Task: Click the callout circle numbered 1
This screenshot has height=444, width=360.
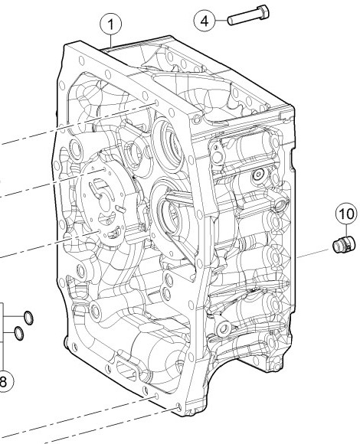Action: (x=111, y=24)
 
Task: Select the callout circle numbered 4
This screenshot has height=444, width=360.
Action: (x=205, y=21)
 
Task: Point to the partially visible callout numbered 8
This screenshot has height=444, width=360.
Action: (x=3, y=381)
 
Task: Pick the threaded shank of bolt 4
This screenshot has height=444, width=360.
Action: (x=244, y=18)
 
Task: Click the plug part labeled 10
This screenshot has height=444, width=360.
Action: (x=343, y=244)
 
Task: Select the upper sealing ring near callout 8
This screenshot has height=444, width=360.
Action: (x=28, y=318)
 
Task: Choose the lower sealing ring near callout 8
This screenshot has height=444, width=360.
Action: (x=18, y=333)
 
